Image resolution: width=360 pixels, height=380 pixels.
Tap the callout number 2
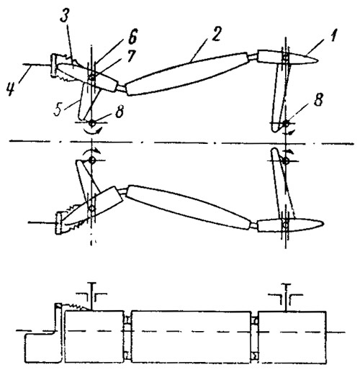(x=215, y=33)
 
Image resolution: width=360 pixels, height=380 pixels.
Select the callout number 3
(x=65, y=15)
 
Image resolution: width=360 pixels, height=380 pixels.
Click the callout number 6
(x=132, y=37)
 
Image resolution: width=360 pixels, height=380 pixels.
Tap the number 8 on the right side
(x=318, y=99)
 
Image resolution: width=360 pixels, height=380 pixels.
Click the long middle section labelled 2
(x=188, y=73)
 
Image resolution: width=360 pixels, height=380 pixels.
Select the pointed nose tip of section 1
(x=318, y=60)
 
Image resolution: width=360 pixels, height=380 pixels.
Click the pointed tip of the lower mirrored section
(x=323, y=223)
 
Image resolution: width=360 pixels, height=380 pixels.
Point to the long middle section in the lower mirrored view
(x=189, y=207)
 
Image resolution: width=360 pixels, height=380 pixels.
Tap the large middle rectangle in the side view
(x=192, y=337)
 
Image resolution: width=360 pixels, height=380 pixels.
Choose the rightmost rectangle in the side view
(x=292, y=337)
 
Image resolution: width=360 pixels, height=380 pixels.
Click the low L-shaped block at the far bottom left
(x=42, y=348)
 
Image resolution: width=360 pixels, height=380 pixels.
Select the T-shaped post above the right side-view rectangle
(x=287, y=297)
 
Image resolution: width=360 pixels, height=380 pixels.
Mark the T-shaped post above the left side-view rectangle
(x=91, y=296)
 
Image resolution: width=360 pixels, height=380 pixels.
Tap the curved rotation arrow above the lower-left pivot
(x=91, y=150)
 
